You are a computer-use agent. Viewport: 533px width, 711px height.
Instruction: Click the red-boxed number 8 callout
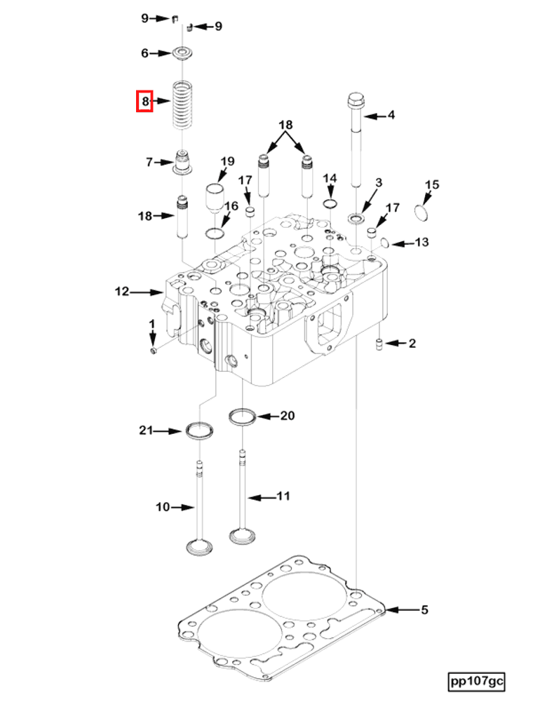(x=144, y=101)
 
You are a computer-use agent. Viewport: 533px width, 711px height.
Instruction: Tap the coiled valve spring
(x=182, y=104)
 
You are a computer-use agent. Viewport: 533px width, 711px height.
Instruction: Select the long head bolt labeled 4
(x=356, y=140)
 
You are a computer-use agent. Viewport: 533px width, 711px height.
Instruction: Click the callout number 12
(x=122, y=291)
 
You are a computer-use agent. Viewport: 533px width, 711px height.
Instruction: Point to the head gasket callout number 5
(x=424, y=609)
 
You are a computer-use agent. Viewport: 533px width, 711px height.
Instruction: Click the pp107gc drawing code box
(x=476, y=681)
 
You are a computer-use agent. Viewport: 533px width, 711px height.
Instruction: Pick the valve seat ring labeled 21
(x=200, y=431)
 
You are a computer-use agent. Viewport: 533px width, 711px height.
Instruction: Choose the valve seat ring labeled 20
(x=242, y=417)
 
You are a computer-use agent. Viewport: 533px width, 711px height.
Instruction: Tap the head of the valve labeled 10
(x=200, y=546)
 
